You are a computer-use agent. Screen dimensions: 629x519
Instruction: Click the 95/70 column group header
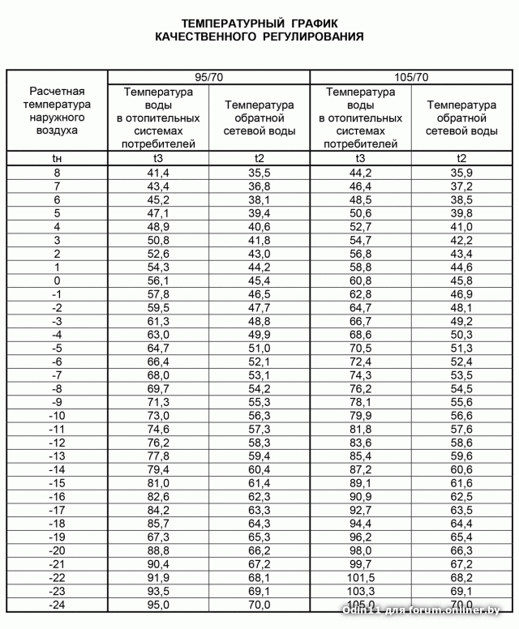(208, 77)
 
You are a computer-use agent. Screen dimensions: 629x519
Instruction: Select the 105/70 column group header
(411, 77)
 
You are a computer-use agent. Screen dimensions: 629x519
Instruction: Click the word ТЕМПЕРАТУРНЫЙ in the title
(223, 23)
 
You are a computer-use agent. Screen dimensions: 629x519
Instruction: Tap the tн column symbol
(57, 159)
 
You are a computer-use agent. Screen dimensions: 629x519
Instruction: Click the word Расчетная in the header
(57, 91)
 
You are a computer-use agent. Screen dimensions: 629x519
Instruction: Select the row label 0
(57, 281)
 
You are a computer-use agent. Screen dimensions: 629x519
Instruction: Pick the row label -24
(57, 604)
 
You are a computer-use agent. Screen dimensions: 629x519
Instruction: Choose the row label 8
(57, 173)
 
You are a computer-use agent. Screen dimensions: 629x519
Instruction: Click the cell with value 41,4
(158, 173)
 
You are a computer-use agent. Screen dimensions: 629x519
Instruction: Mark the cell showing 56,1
(158, 281)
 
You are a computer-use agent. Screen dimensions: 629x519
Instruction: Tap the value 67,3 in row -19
(158, 537)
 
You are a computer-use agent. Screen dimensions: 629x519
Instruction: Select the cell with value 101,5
(361, 577)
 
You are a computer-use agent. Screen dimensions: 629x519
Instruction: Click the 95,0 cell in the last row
(158, 604)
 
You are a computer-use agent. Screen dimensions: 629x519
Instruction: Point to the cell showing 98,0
(361, 550)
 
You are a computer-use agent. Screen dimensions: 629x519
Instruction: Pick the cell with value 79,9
(361, 416)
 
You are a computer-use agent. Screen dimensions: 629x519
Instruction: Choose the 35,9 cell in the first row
(461, 173)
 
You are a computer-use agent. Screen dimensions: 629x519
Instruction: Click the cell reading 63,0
(158, 335)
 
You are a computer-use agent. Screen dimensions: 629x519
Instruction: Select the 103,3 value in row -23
(361, 590)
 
